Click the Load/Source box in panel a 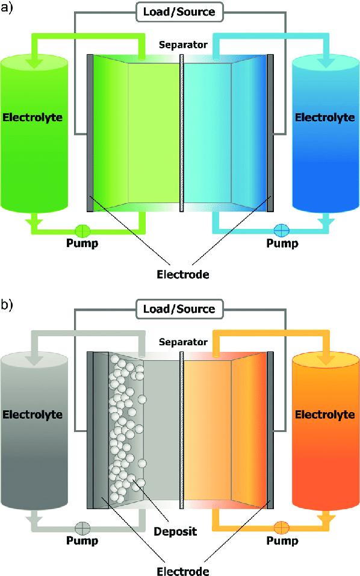179,12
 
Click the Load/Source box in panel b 179,309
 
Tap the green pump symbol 82,231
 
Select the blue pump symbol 282,231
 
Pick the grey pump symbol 82,528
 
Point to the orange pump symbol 282,528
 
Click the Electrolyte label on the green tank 33,118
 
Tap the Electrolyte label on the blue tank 324,118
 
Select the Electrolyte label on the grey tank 33,415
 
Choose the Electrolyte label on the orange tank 324,415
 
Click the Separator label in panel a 183,45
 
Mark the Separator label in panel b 183,342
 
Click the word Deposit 175,531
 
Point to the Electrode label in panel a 183,274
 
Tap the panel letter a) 7,8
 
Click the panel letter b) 7,305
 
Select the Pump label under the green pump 82,243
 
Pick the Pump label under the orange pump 282,540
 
